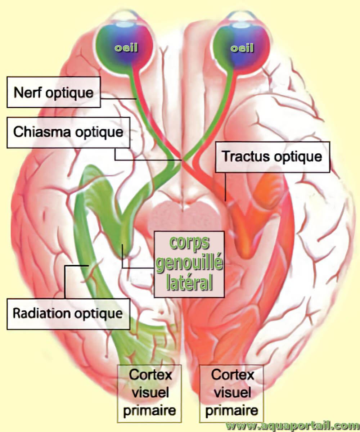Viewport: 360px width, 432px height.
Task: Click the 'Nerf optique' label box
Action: [x=54, y=92]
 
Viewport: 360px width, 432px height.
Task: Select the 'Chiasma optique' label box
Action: [x=68, y=132]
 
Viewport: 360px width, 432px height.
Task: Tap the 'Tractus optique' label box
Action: [x=273, y=157]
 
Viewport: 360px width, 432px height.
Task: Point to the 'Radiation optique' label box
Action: [x=68, y=314]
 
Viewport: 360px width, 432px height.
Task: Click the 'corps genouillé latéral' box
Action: [x=189, y=264]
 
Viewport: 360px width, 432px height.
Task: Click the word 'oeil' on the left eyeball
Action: [x=126, y=48]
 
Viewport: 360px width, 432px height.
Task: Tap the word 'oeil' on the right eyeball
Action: [x=242, y=48]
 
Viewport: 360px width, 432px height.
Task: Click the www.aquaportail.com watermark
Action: [x=293, y=426]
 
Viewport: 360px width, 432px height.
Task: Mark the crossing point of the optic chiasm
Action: [x=182, y=160]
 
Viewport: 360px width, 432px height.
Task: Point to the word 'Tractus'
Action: [x=246, y=156]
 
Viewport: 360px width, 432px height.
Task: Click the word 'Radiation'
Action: [x=42, y=313]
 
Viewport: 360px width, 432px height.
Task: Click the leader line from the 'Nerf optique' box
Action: [x=118, y=99]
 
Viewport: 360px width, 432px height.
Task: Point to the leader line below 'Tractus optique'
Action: [x=225, y=186]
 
